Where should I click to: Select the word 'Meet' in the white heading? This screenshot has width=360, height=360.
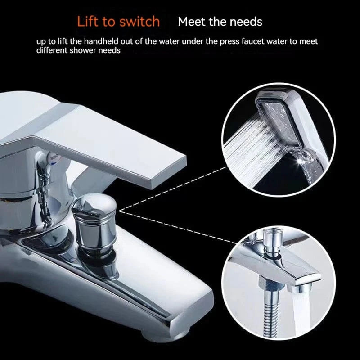click(192, 22)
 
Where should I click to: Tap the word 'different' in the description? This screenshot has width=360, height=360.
click(52, 50)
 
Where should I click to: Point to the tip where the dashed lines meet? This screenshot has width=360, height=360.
click(119, 211)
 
